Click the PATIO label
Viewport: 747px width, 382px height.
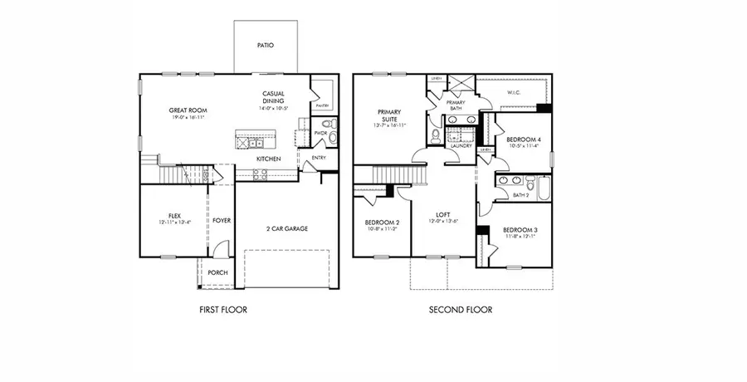click(265, 46)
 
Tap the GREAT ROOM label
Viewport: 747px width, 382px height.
click(188, 110)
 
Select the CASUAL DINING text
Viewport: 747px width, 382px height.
click(274, 97)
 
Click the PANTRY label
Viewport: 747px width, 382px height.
click(323, 105)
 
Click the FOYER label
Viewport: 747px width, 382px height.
click(221, 221)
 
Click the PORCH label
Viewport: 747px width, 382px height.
click(217, 273)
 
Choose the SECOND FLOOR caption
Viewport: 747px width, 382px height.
click(460, 310)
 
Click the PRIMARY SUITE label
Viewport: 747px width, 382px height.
click(389, 115)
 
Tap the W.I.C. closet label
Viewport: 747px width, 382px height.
click(513, 93)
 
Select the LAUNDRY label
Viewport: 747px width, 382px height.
click(461, 145)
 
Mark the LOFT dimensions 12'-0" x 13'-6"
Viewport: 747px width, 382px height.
click(442, 222)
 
